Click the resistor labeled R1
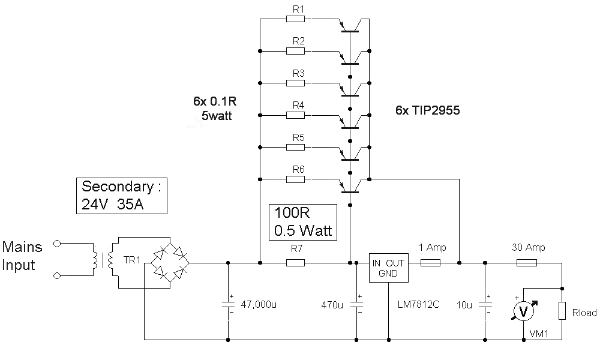pyautogui.click(x=295, y=19)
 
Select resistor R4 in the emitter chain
pyautogui.click(x=295, y=115)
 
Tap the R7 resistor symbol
pyautogui.click(x=295, y=263)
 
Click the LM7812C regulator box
pyautogui.click(x=388, y=268)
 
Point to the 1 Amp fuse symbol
pyautogui.click(x=430, y=263)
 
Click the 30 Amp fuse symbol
pyautogui.click(x=527, y=263)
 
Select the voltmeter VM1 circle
pyautogui.click(x=523, y=311)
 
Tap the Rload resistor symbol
pyautogui.click(x=562, y=311)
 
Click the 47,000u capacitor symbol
pyautogui.click(x=228, y=304)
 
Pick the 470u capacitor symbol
pyautogui.click(x=356, y=304)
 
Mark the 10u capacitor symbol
pyautogui.click(x=485, y=304)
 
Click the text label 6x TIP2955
pyautogui.click(x=427, y=110)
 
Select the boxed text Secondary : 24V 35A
pyautogui.click(x=122, y=196)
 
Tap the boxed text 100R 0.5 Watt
pyautogui.click(x=303, y=222)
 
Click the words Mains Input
pyautogui.click(x=22, y=256)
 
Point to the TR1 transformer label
pyautogui.click(x=131, y=260)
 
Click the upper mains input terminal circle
pyautogui.click(x=56, y=244)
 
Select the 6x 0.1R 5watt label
pyautogui.click(x=215, y=108)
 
